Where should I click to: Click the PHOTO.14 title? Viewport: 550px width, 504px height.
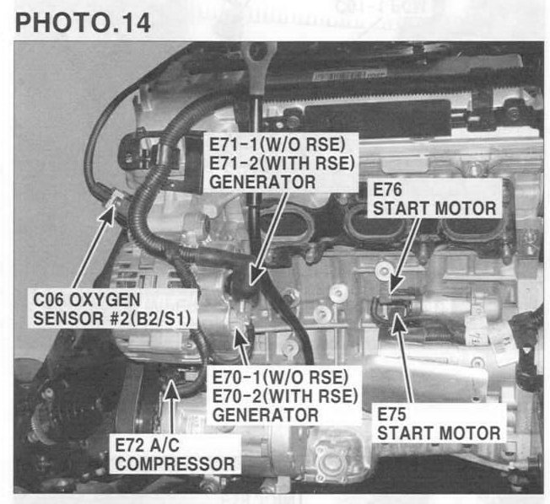pos(83,23)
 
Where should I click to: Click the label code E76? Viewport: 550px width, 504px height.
pos(387,190)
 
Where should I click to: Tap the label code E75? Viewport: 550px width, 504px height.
pos(391,415)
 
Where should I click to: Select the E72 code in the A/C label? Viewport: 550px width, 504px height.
pos(129,445)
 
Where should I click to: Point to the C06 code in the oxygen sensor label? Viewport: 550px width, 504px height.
pos(48,300)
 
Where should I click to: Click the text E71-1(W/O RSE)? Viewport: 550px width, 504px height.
pos(278,144)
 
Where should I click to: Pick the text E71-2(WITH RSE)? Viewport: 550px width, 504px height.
pos(282,164)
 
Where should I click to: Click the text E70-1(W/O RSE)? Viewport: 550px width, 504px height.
pos(281,378)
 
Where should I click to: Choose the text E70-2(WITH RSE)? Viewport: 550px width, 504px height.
pos(285,396)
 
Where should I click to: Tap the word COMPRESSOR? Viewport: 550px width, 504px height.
pos(175,464)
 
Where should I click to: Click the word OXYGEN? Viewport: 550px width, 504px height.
pos(105,300)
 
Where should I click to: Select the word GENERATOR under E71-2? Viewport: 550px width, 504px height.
pos(262,182)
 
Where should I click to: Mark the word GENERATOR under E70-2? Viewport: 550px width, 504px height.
pos(266,416)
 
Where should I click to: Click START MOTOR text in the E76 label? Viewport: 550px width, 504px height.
pos(434,208)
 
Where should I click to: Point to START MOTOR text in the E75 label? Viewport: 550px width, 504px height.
pos(439,433)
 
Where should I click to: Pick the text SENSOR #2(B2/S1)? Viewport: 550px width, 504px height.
pos(112,319)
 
